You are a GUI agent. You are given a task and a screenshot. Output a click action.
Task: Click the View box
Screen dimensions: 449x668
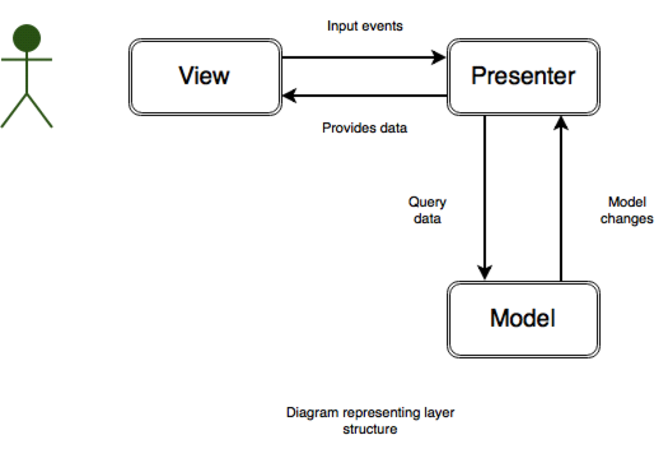[x=205, y=76]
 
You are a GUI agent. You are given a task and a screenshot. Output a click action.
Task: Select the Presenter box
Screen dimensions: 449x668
[x=523, y=76]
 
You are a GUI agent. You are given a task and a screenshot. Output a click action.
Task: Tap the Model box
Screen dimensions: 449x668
[x=523, y=318]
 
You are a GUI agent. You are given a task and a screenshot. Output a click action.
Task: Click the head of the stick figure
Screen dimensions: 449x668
[x=26, y=37]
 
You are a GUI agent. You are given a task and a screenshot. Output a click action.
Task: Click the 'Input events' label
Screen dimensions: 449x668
[x=365, y=26]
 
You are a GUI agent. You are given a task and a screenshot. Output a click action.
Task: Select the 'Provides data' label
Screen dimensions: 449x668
[x=364, y=128]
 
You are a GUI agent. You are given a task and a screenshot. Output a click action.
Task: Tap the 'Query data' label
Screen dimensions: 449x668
[x=427, y=211]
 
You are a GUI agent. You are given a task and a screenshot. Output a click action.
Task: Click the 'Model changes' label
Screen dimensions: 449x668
[x=627, y=211]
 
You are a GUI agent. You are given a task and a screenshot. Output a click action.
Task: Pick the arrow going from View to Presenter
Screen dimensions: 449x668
[x=363, y=57]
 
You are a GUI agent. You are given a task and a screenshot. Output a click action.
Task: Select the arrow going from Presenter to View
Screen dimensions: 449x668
[x=363, y=96]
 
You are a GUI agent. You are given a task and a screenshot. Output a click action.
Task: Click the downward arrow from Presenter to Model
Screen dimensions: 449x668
[x=485, y=197]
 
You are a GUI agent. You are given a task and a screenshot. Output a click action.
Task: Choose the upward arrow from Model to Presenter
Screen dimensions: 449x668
[x=561, y=197]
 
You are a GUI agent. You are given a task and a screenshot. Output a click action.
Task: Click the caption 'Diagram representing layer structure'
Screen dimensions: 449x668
[x=370, y=420]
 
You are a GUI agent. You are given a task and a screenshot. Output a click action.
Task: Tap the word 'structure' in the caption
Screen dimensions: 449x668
[x=370, y=429]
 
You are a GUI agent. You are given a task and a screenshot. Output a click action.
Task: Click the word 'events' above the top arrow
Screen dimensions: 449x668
[x=385, y=26]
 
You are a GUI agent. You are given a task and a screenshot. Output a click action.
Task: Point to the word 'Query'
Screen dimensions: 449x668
[x=427, y=203]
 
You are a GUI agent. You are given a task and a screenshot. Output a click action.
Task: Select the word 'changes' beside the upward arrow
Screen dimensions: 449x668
[x=627, y=219]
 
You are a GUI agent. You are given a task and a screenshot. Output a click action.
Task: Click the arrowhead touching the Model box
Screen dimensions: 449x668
[x=485, y=273]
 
